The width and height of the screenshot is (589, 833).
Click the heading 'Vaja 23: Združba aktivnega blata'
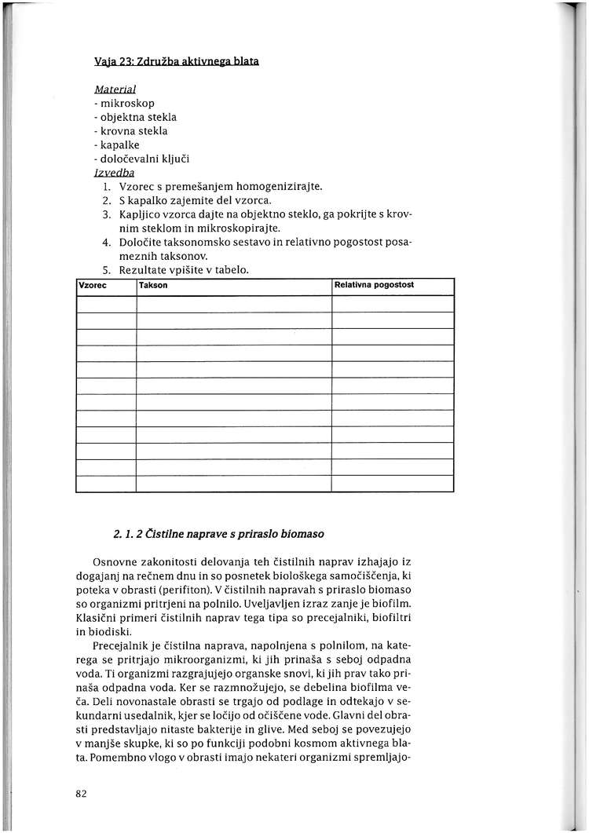pyautogui.click(x=177, y=61)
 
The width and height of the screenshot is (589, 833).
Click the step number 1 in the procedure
pyautogui.click(x=105, y=187)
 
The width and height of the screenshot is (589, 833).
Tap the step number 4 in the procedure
pyautogui.click(x=105, y=243)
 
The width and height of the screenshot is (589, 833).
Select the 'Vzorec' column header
pyautogui.click(x=93, y=285)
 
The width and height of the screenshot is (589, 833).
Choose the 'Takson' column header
pyautogui.click(x=153, y=285)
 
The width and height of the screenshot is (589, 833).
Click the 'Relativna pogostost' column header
pyautogui.click(x=374, y=285)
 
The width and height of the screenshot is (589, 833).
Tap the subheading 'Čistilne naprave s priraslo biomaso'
pyautogui.click(x=228, y=535)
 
